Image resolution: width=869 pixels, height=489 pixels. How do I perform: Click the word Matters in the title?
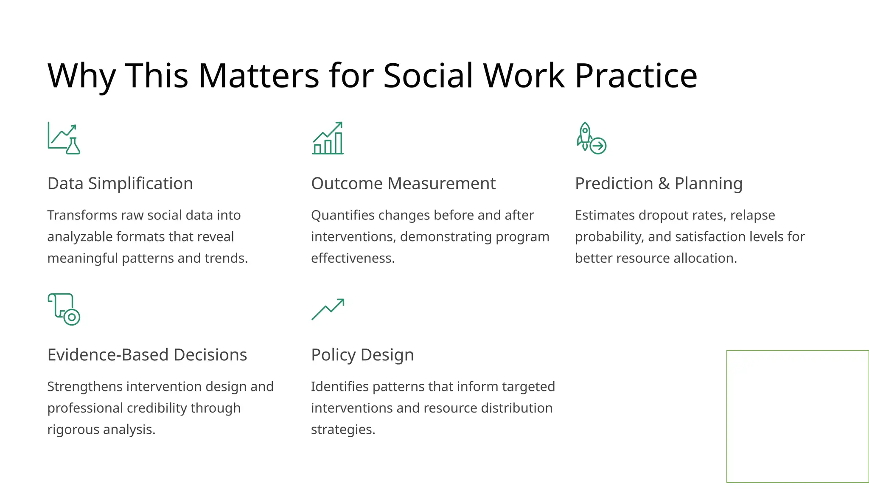pyautogui.click(x=259, y=76)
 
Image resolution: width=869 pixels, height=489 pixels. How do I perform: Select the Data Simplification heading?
pyautogui.click(x=120, y=183)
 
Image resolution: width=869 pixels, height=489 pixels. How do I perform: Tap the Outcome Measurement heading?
pyautogui.click(x=403, y=183)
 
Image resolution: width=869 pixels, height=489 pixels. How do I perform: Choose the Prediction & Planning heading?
pyautogui.click(x=659, y=183)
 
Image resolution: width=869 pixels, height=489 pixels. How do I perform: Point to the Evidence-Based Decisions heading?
pyautogui.click(x=147, y=355)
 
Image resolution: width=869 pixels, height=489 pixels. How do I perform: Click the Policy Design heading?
pyautogui.click(x=362, y=355)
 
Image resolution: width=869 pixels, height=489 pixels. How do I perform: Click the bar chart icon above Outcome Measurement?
pyautogui.click(x=328, y=138)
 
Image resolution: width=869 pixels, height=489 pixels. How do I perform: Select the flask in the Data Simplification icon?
pyautogui.click(x=73, y=146)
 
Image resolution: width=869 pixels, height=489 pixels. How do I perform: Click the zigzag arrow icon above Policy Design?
pyautogui.click(x=328, y=309)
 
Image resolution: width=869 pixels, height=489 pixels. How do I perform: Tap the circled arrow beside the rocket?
pyautogui.click(x=598, y=146)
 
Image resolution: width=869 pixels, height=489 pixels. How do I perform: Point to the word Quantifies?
pyautogui.click(x=342, y=215)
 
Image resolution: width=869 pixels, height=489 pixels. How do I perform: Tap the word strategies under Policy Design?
pyautogui.click(x=343, y=430)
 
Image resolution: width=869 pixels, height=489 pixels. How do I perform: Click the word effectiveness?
pyautogui.click(x=353, y=258)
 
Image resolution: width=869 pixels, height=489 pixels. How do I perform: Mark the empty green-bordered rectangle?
pyautogui.click(x=797, y=416)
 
